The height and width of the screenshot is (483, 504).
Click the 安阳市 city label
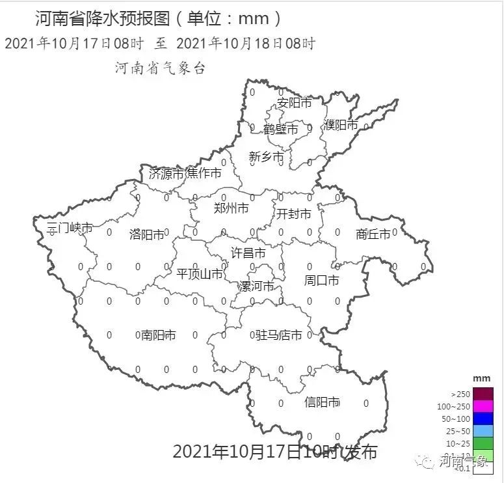click(x=294, y=103)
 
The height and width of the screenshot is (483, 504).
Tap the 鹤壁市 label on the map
click(x=281, y=130)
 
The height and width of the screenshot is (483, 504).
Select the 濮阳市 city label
click(x=341, y=124)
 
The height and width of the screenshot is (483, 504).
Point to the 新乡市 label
click(x=266, y=157)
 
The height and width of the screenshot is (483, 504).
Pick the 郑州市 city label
click(x=231, y=208)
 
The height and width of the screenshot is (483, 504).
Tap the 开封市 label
click(x=293, y=214)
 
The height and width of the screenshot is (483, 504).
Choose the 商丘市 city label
click(x=373, y=234)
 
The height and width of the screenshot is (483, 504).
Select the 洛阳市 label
click(x=147, y=234)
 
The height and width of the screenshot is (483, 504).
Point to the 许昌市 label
click(x=248, y=253)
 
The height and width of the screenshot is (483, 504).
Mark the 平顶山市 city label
click(x=200, y=274)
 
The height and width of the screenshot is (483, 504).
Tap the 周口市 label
click(x=321, y=281)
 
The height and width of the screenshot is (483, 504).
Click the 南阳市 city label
click(x=159, y=335)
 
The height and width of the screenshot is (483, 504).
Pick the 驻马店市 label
click(x=279, y=335)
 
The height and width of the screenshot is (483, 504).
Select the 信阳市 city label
click(x=322, y=402)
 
